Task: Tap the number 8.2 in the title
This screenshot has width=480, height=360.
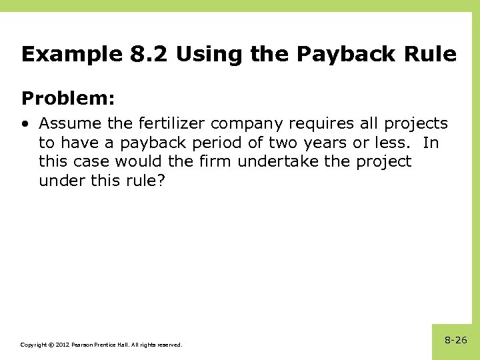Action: point(150,54)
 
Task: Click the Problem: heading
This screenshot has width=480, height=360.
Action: point(68,99)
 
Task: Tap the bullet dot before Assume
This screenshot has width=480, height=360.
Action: point(25,124)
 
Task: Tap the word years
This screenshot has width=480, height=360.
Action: point(325,143)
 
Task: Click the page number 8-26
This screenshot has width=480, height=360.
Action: point(456,340)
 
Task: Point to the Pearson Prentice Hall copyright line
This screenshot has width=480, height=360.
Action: point(101,345)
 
